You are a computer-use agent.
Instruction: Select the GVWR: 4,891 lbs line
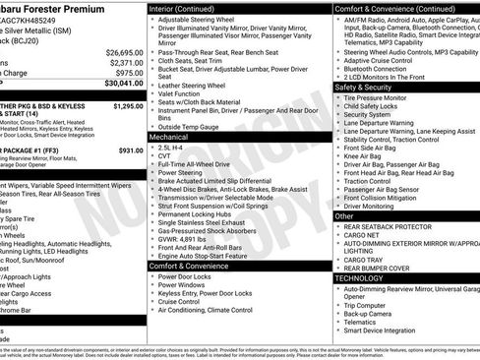[186, 238]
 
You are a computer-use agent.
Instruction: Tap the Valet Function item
[182, 95]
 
